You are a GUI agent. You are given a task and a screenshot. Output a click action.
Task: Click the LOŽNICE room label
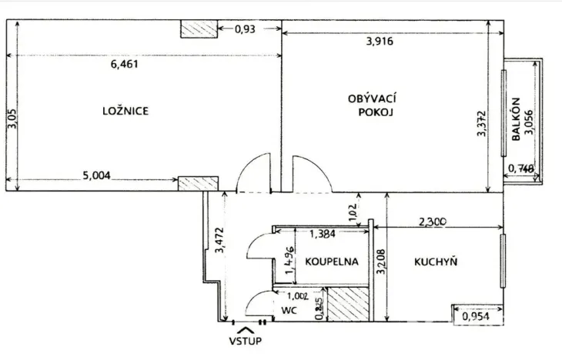point(125,111)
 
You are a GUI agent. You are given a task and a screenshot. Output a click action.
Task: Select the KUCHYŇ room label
point(436,262)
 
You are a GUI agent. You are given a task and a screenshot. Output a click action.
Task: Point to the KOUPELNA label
point(332,262)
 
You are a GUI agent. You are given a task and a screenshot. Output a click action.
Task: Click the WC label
point(289,311)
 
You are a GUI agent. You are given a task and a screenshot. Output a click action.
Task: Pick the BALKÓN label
point(516,120)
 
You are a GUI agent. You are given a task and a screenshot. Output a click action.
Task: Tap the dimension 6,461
point(125,65)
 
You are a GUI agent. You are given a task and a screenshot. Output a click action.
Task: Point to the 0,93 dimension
point(245,29)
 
